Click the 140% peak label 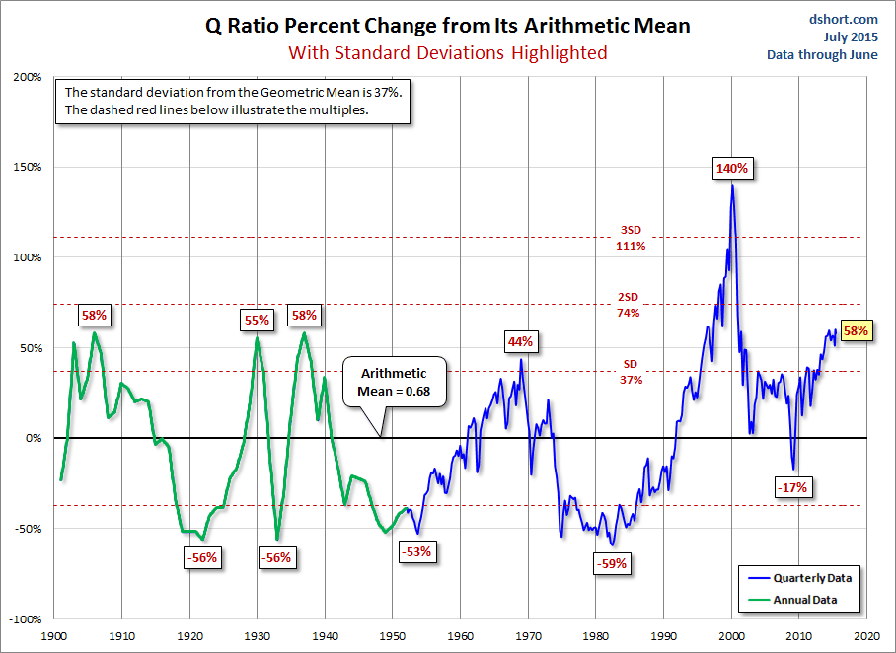pos(732,168)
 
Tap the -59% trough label pos(612,564)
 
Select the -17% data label pos(792,487)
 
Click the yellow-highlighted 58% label pos(855,331)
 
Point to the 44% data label pos(520,342)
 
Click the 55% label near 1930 pos(257,320)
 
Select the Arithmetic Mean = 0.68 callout pos(394,383)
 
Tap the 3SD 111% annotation pos(630,238)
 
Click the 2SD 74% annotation pos(629,306)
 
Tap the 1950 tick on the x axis pos(393,636)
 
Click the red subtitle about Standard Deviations pos(448,52)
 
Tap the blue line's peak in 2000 pos(732,186)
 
